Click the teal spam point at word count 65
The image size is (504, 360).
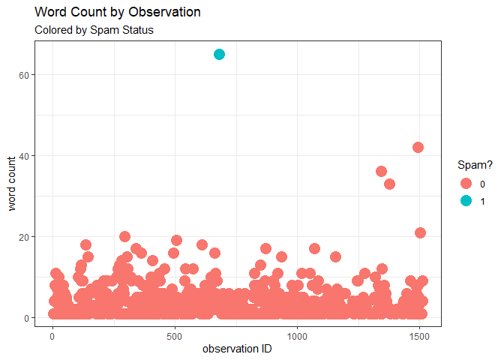[x=220, y=54]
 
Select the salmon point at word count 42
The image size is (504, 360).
[x=418, y=148]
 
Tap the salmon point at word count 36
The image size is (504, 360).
[x=381, y=172]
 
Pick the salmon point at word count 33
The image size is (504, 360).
[x=389, y=184]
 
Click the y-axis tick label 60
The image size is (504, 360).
[x=34, y=75]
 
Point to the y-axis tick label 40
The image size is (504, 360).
[x=34, y=156]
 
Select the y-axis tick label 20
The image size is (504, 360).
[x=34, y=237]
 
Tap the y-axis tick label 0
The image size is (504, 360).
[x=37, y=318]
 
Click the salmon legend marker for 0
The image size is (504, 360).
[x=466, y=184]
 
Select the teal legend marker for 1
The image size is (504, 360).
[x=466, y=200]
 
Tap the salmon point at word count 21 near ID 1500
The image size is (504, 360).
[x=420, y=232]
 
